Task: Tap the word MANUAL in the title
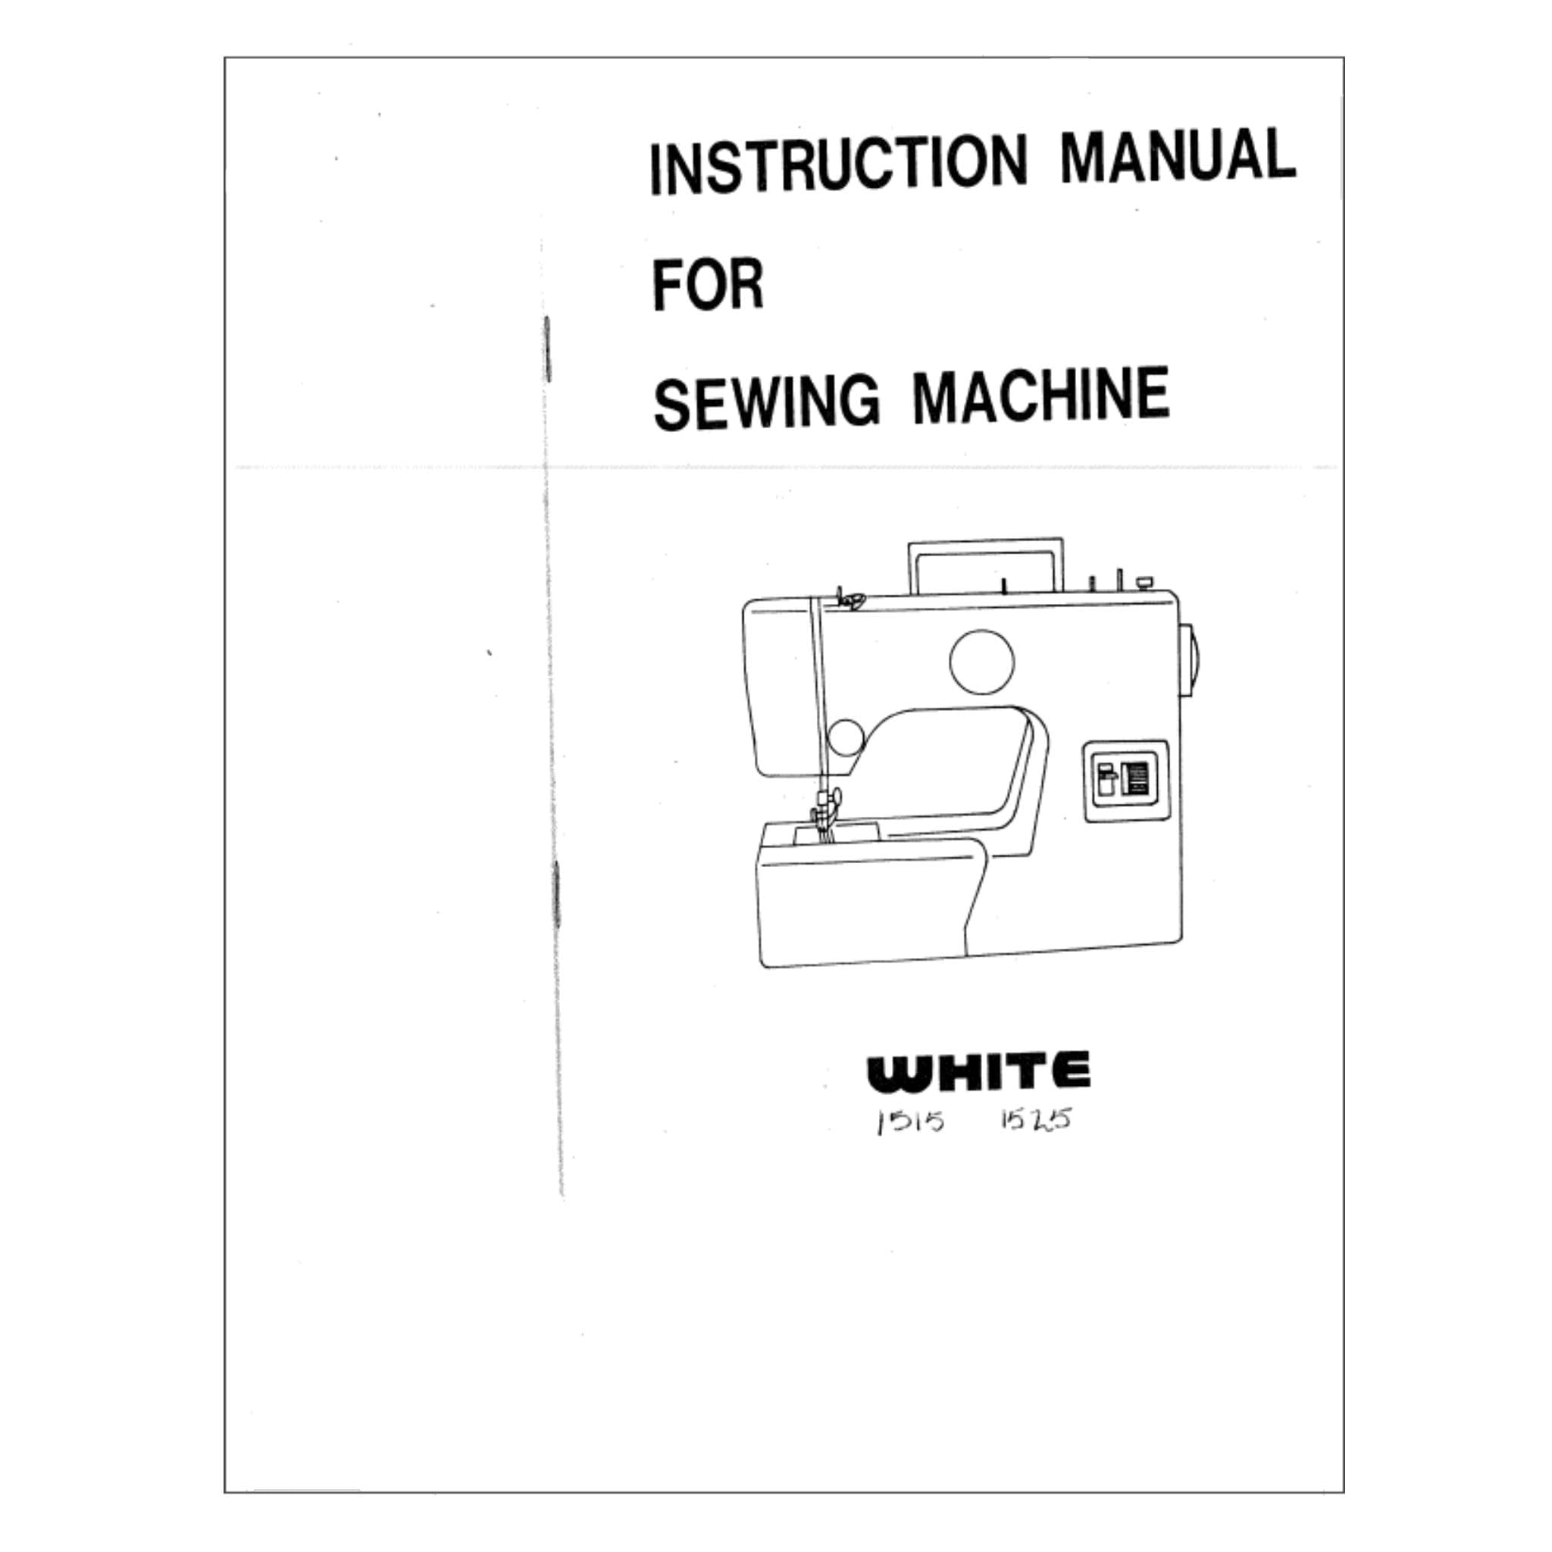click(x=1177, y=155)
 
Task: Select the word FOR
click(x=707, y=284)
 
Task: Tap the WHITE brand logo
click(x=978, y=1072)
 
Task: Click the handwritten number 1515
click(x=910, y=1122)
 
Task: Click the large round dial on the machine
click(x=981, y=661)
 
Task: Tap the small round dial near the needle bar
click(x=845, y=737)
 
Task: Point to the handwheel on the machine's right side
click(x=1189, y=659)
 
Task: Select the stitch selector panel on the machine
click(x=1125, y=780)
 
